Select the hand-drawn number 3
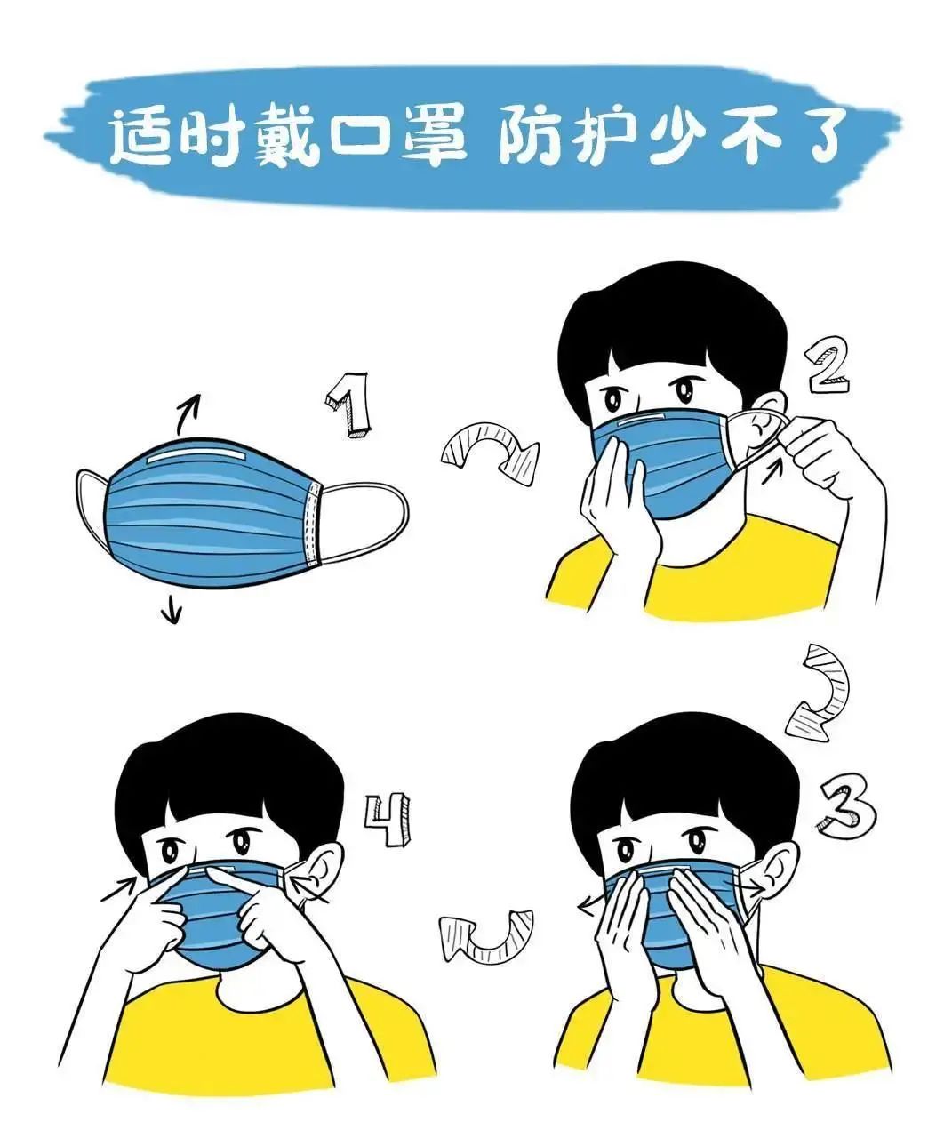(845, 806)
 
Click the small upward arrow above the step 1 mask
(188, 411)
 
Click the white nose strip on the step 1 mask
(197, 457)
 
